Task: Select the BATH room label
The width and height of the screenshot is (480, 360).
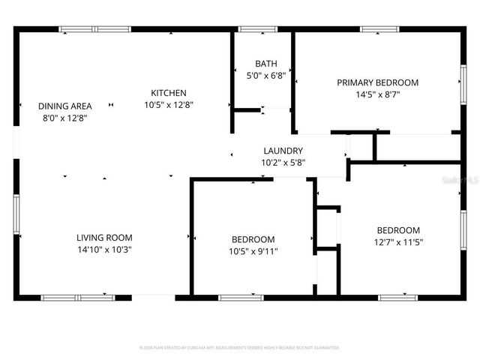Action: coord(265,64)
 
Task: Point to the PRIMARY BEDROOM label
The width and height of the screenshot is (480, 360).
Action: coord(377,82)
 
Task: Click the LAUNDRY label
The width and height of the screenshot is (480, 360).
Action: coord(283,151)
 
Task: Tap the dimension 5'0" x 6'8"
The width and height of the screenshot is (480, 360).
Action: coord(265,76)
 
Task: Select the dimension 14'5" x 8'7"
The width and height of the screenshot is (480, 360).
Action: coord(377,94)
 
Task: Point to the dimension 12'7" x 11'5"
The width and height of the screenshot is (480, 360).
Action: coord(398,242)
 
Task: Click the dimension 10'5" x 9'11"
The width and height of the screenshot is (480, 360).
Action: coord(253,251)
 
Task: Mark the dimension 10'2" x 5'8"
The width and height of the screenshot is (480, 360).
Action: coord(283,162)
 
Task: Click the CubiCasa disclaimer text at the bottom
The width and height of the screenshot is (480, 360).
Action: coord(240,348)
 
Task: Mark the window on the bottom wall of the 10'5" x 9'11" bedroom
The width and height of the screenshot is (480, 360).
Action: coord(241,298)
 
